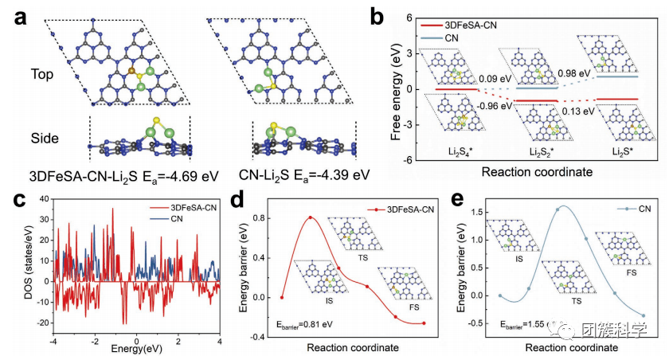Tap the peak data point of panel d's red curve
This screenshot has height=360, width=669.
click(310, 218)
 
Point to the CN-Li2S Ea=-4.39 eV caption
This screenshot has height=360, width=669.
click(306, 173)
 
